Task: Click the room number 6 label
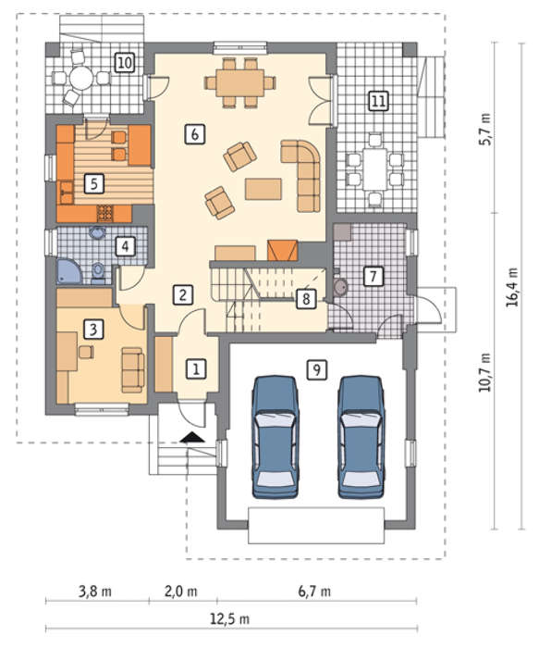[x=195, y=134]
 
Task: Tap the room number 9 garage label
[x=317, y=369]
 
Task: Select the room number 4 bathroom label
[x=125, y=246]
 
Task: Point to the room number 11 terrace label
[x=378, y=101]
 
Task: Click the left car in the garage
[x=276, y=437]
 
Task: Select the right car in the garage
[x=361, y=437]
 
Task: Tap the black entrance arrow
[x=192, y=437]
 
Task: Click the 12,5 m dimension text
[x=230, y=618]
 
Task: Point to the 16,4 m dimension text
[x=512, y=287]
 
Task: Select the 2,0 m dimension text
[x=181, y=591]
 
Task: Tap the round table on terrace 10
[x=81, y=78]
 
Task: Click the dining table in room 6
[x=239, y=82]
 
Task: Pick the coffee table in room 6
[x=263, y=189]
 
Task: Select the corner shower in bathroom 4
[x=69, y=271]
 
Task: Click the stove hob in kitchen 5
[x=104, y=213]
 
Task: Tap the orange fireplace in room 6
[x=283, y=250]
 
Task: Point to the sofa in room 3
[x=133, y=370]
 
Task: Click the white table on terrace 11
[x=374, y=169]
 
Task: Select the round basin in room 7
[x=341, y=287]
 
